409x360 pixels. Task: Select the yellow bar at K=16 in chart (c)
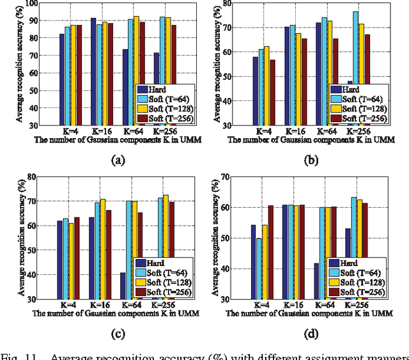(x=102, y=249)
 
